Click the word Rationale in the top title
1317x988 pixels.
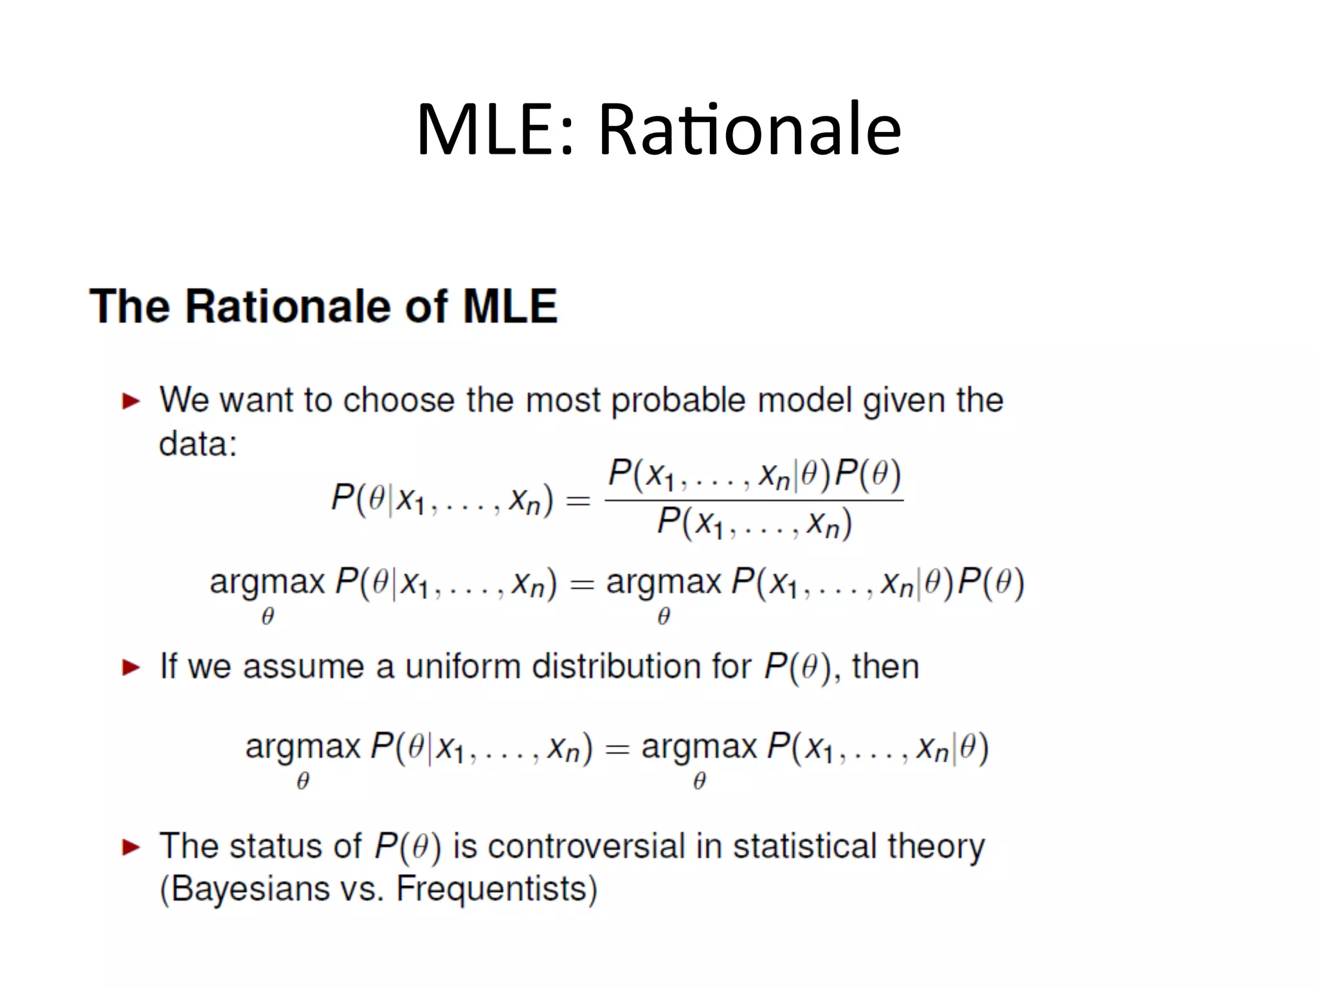[x=750, y=131]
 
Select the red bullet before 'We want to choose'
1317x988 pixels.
[x=131, y=401]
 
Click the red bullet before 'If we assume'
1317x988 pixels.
[x=131, y=667]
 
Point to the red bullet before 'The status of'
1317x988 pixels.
[x=131, y=847]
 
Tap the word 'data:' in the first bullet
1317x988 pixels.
[x=198, y=444]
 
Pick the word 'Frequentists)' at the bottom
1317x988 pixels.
[x=496, y=890]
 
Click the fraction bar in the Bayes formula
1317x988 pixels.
[x=754, y=500]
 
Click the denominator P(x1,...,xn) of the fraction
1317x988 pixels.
[x=754, y=524]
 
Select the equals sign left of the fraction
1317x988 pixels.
[x=578, y=500]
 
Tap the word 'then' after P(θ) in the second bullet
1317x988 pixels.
[x=886, y=666]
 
